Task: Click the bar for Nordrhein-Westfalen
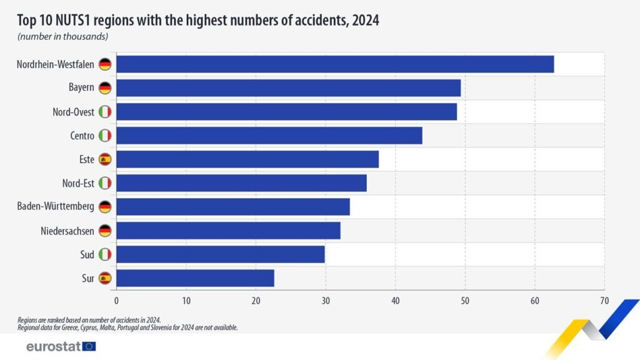(x=335, y=64)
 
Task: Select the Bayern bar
(x=288, y=88)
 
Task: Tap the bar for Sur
(x=195, y=278)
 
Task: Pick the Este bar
(x=247, y=159)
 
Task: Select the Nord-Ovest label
(x=73, y=112)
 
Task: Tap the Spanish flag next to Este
(x=105, y=159)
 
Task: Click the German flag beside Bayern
(x=105, y=88)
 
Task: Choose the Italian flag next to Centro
(x=105, y=136)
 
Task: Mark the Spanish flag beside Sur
(x=105, y=278)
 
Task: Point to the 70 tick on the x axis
(x=604, y=301)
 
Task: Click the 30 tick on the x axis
(x=325, y=301)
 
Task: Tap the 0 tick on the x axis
(x=116, y=301)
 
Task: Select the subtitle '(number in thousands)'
(x=62, y=37)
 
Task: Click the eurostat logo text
(x=53, y=346)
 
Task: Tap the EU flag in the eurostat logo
(x=89, y=346)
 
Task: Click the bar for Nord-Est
(x=241, y=183)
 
